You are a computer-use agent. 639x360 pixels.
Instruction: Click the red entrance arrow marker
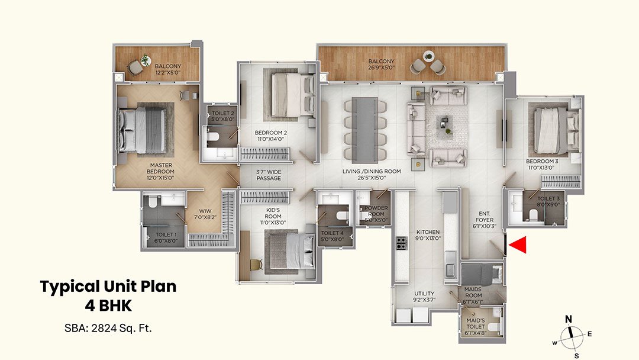pyautogui.click(x=519, y=245)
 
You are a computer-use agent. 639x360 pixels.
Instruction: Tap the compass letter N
pyautogui.click(x=569, y=319)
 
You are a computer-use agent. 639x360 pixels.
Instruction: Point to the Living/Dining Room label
pyautogui.click(x=372, y=174)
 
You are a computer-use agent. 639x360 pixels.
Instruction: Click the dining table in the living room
pyautogui.click(x=363, y=129)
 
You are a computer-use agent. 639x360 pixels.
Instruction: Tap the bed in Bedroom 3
pyautogui.click(x=550, y=126)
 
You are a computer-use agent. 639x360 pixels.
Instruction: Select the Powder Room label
pyautogui.click(x=376, y=214)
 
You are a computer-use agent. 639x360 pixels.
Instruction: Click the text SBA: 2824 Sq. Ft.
pyautogui.click(x=108, y=327)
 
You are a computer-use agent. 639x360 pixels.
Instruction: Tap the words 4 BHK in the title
pyautogui.click(x=108, y=306)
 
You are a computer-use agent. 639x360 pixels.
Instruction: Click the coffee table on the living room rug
pyautogui.click(x=443, y=123)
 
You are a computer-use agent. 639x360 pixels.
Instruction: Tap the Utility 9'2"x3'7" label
pyautogui.click(x=424, y=297)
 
